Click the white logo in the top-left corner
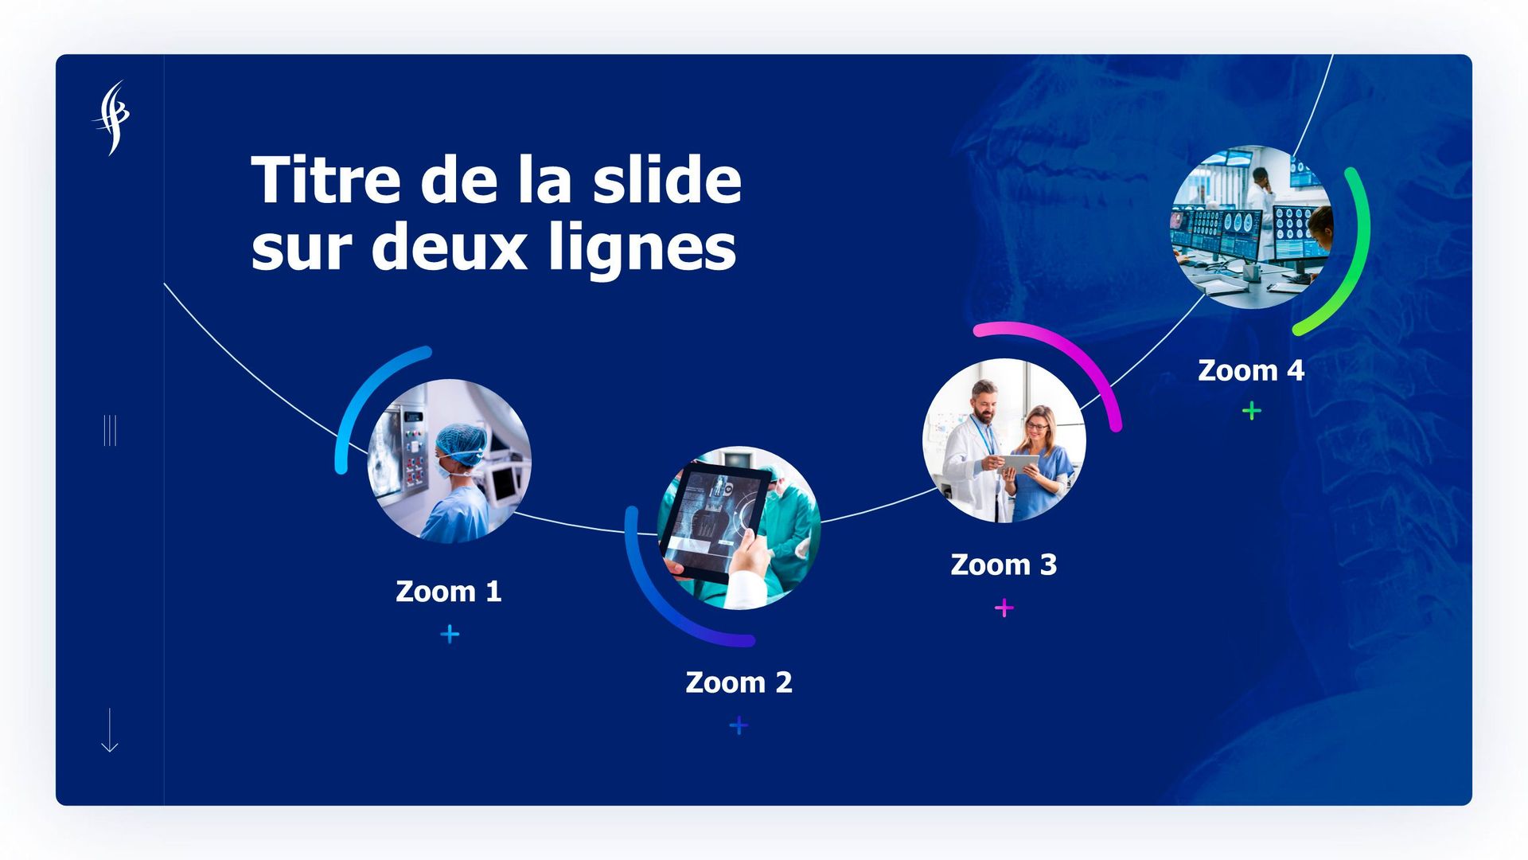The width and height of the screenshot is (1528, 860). pyautogui.click(x=111, y=117)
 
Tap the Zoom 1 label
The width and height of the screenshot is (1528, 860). pyautogui.click(x=449, y=592)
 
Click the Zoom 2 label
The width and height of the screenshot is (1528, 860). pyautogui.click(x=739, y=682)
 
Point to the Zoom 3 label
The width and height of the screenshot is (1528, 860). pyautogui.click(x=1004, y=565)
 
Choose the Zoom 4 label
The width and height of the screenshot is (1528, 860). pyautogui.click(x=1251, y=370)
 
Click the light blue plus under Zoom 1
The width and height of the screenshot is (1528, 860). pyautogui.click(x=450, y=634)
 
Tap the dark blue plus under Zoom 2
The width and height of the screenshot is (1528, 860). pyautogui.click(x=739, y=725)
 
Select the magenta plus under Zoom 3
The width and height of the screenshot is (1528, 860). pyautogui.click(x=1004, y=608)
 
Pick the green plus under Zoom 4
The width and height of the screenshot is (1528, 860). pyautogui.click(x=1252, y=411)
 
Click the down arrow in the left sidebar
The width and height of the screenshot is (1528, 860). pyautogui.click(x=110, y=730)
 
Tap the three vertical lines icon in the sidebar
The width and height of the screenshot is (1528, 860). pyautogui.click(x=110, y=430)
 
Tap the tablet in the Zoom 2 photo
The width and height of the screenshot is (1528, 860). pyautogui.click(x=715, y=522)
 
